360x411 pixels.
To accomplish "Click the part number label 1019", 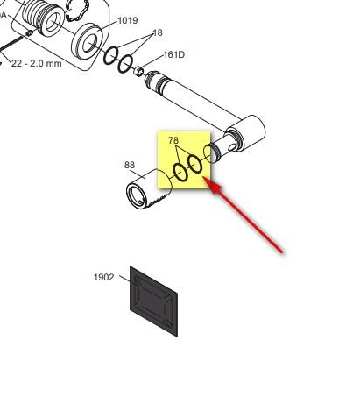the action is tap(128, 21).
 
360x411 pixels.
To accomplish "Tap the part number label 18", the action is tap(158, 32).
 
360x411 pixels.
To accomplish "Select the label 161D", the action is tap(174, 54).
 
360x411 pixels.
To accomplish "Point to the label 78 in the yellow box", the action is tap(173, 140).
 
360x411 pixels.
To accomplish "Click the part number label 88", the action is tap(130, 165).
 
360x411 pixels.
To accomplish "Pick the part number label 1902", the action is tap(104, 277).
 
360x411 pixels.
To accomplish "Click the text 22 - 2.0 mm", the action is tap(37, 63).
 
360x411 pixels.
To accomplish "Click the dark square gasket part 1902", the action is tap(153, 301).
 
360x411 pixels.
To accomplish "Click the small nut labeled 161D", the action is tap(139, 71).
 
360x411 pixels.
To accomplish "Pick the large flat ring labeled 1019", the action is tap(88, 42).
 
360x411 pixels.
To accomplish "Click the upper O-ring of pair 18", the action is tap(110, 55).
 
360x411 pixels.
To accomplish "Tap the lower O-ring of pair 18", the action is tap(125, 64).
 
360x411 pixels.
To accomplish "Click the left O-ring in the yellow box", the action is tap(180, 173).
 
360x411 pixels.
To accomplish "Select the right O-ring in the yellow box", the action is tap(194, 164).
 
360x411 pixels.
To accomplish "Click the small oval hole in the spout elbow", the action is tap(232, 147).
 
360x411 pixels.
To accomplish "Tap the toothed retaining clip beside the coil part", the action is tap(77, 11).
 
